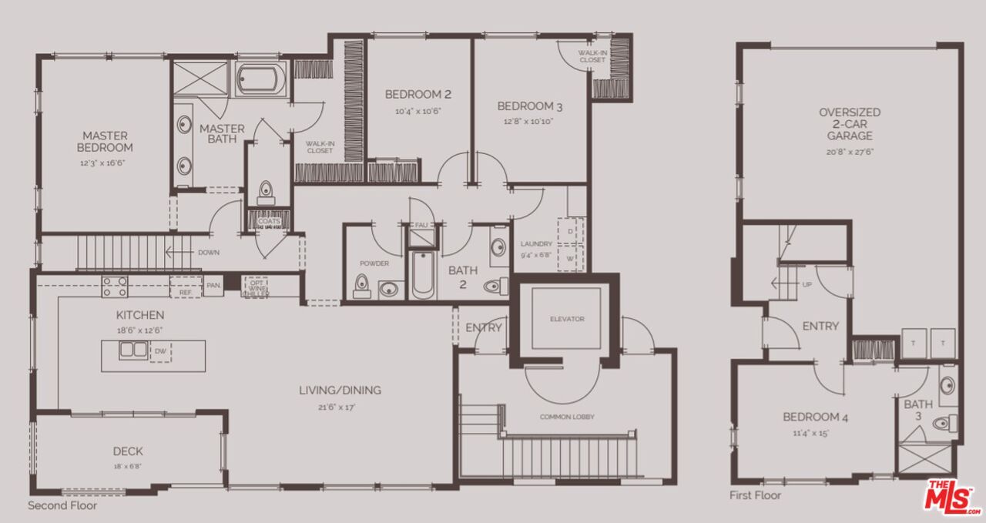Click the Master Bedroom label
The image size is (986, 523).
click(106, 141)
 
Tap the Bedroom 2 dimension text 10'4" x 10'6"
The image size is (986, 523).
click(418, 112)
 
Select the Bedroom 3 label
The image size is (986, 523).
click(525, 106)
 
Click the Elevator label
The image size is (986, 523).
click(567, 318)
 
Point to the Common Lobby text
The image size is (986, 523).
click(567, 417)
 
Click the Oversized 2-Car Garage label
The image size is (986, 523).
click(850, 124)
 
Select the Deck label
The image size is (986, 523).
click(128, 451)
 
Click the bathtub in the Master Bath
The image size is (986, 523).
click(260, 79)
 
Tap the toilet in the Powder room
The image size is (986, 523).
click(361, 287)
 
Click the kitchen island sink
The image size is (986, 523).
click(133, 350)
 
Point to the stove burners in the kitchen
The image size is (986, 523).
click(115, 287)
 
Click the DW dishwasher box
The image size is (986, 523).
click(160, 351)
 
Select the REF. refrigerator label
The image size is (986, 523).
click(185, 293)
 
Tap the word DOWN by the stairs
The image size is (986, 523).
click(209, 252)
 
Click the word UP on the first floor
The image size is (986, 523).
click(807, 284)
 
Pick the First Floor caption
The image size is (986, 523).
click(755, 495)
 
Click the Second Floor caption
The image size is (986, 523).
click(62, 506)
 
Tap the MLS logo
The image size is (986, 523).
click(953, 497)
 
